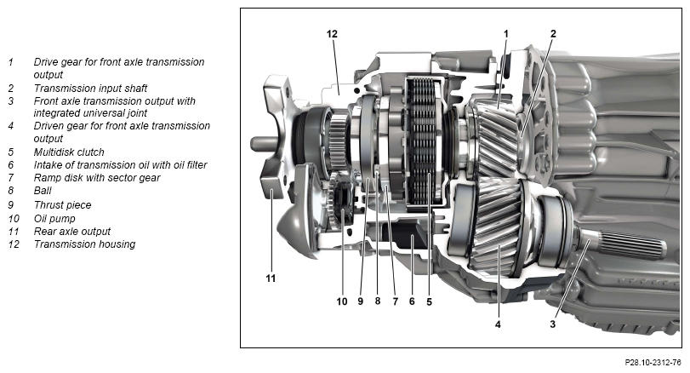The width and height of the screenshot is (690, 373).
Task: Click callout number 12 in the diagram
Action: click(x=332, y=34)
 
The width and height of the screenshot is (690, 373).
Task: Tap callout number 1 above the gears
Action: click(x=506, y=34)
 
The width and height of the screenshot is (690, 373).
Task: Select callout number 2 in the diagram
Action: click(x=553, y=34)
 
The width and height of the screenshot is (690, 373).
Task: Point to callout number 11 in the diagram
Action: click(x=271, y=278)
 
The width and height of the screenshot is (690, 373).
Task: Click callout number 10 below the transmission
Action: click(x=341, y=301)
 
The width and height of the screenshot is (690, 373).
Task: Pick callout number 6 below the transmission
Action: click(x=412, y=301)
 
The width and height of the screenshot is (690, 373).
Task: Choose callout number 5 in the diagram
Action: click(x=430, y=301)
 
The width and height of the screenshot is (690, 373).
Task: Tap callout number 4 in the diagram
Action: click(x=498, y=324)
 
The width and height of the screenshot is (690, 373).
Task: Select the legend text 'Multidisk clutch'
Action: click(x=69, y=152)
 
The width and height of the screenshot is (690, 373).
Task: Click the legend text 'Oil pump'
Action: click(x=55, y=218)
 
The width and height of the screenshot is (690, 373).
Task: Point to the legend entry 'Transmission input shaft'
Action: click(x=90, y=88)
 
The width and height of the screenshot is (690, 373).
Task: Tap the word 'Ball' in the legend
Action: click(x=43, y=192)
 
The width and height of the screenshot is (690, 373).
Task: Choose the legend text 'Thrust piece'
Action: click(x=62, y=205)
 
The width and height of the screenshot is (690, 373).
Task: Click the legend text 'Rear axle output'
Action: click(x=72, y=231)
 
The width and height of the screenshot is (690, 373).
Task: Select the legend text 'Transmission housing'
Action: click(x=84, y=244)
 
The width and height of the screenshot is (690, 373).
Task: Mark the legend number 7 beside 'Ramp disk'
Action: click(x=11, y=178)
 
